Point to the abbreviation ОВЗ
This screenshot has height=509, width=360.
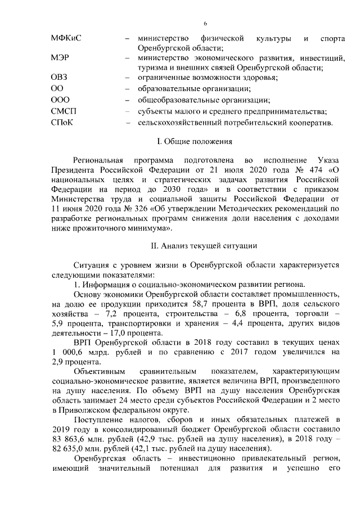(59, 77)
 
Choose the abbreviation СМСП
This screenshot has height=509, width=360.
(63, 111)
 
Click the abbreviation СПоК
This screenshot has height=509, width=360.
(62, 123)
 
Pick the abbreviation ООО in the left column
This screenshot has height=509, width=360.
(60, 100)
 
